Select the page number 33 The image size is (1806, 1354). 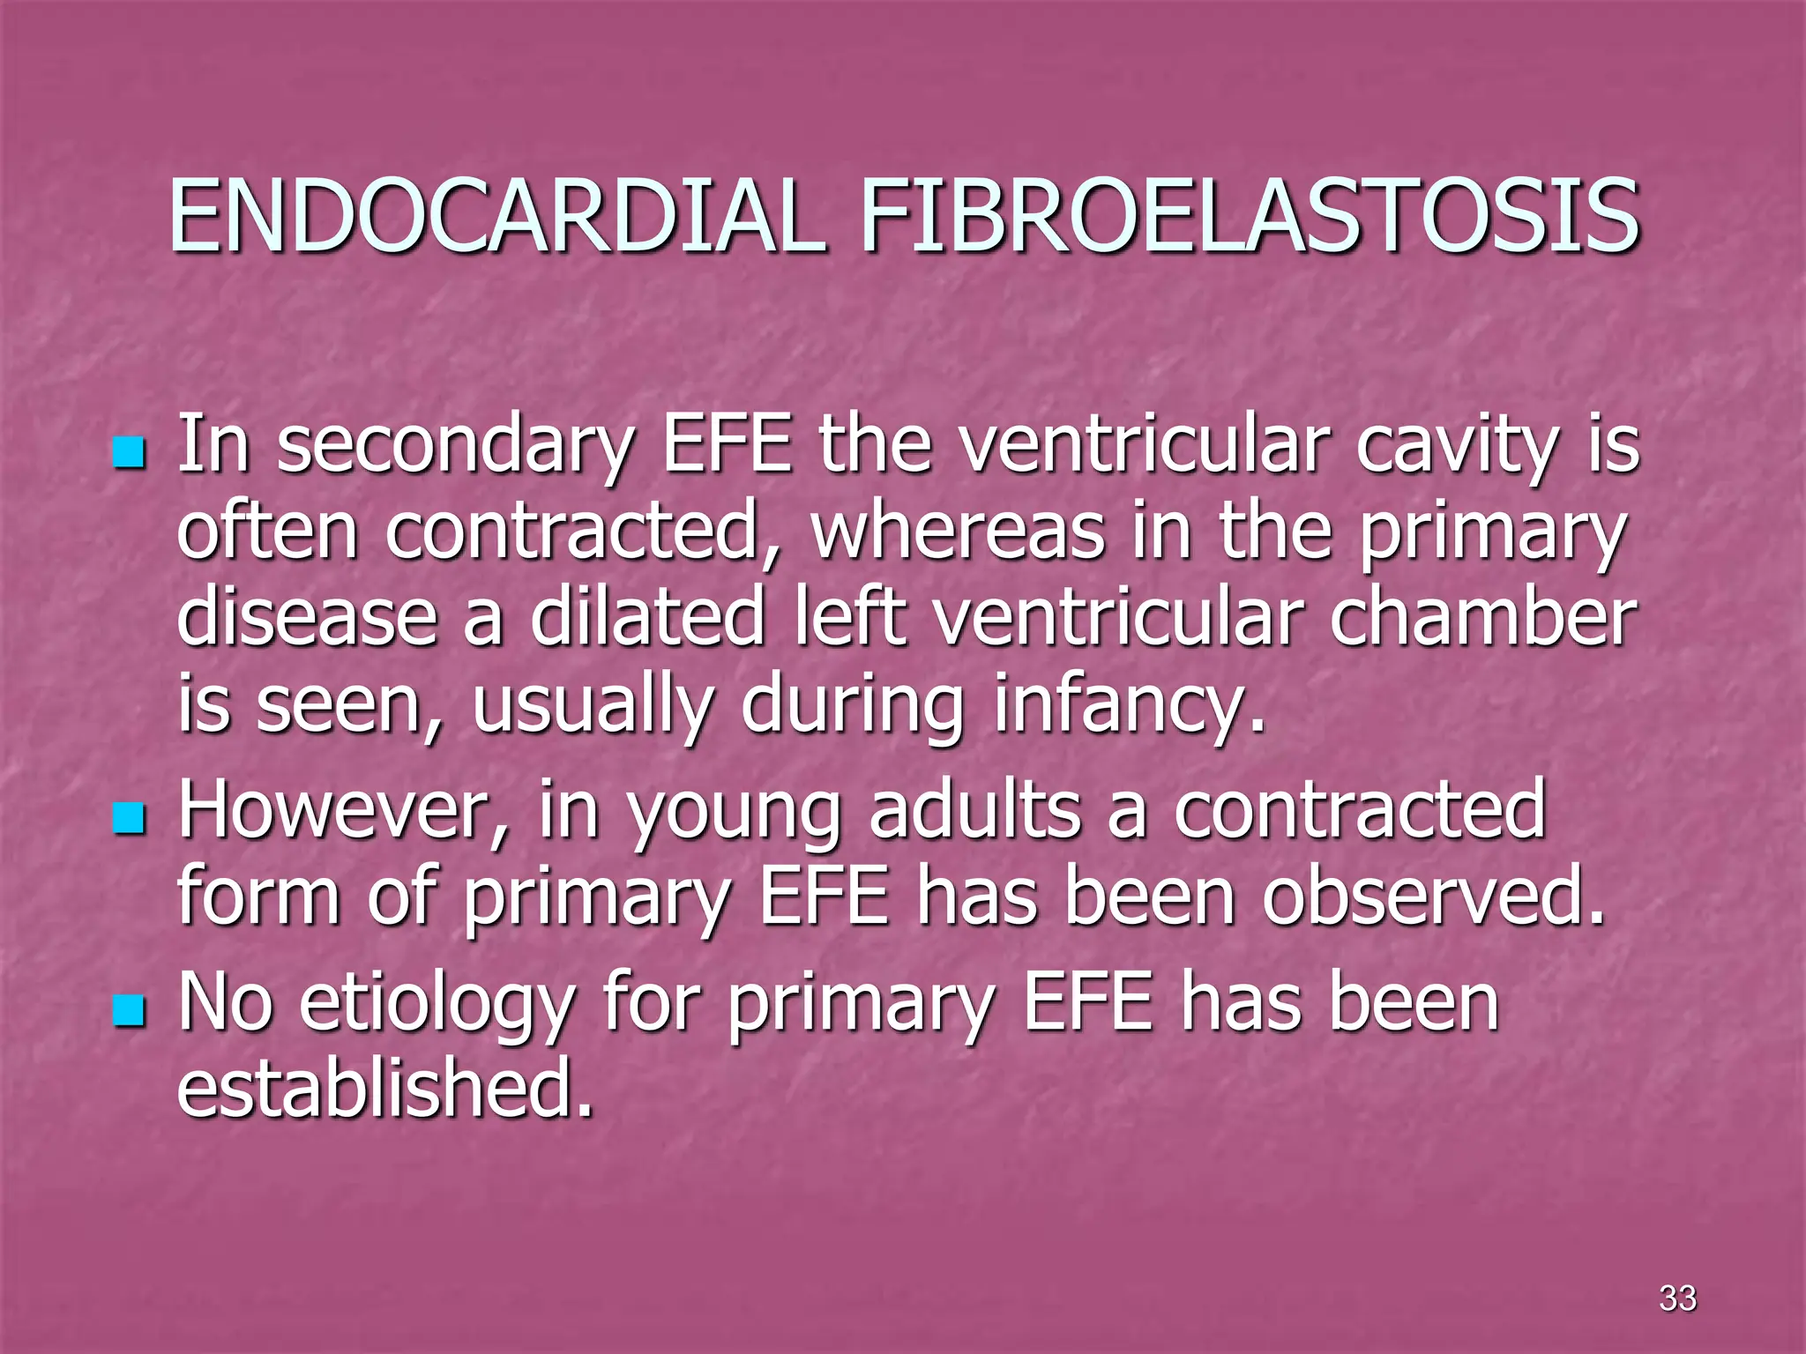coord(1676,1298)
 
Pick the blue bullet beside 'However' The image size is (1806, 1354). coord(129,819)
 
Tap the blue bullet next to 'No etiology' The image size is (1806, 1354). coord(129,1013)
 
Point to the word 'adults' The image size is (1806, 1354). coord(974,811)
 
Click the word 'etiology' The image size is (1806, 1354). coord(437,1005)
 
